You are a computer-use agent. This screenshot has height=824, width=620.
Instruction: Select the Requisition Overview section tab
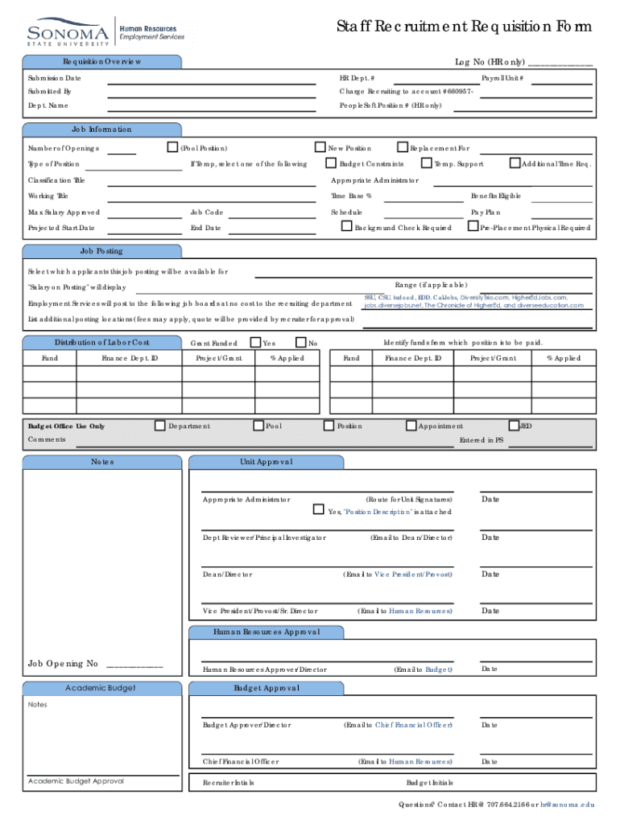pyautogui.click(x=102, y=62)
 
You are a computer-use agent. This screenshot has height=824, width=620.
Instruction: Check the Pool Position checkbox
pyautogui.click(x=172, y=147)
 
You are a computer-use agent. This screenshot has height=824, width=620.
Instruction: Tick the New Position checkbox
pyautogui.click(x=319, y=147)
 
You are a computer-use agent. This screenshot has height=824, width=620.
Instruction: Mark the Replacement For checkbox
pyautogui.click(x=403, y=147)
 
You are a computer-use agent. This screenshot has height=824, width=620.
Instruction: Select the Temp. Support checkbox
pyautogui.click(x=426, y=163)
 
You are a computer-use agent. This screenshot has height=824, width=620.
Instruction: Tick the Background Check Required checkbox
pyautogui.click(x=347, y=227)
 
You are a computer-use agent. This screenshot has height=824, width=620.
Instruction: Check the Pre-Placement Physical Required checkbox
pyautogui.click(x=473, y=227)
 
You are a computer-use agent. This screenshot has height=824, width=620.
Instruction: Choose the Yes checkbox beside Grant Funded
pyautogui.click(x=255, y=342)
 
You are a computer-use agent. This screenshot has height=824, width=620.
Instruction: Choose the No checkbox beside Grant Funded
pyautogui.click(x=301, y=342)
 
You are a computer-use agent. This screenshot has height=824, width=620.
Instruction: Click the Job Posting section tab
pyautogui.click(x=102, y=251)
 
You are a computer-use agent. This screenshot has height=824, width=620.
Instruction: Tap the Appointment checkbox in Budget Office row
pyautogui.click(x=411, y=425)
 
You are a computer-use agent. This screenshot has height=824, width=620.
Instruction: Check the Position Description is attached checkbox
pyautogui.click(x=318, y=510)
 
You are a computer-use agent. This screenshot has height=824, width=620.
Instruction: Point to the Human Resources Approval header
pyautogui.click(x=267, y=632)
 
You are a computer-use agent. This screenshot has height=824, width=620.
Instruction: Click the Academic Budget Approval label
pyautogui.click(x=76, y=781)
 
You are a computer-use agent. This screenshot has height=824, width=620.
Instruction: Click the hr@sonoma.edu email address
pyautogui.click(x=568, y=805)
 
